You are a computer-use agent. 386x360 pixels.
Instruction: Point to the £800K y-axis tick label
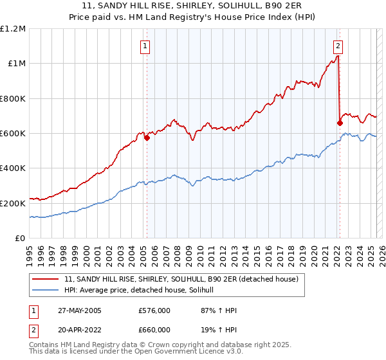click(13, 98)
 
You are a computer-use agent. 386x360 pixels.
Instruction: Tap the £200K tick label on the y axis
click(13, 203)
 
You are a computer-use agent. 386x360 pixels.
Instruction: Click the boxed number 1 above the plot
click(146, 46)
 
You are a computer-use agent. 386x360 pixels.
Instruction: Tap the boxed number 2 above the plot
click(338, 46)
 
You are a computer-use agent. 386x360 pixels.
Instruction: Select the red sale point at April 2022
click(340, 123)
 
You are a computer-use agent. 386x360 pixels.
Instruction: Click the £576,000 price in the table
click(154, 310)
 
